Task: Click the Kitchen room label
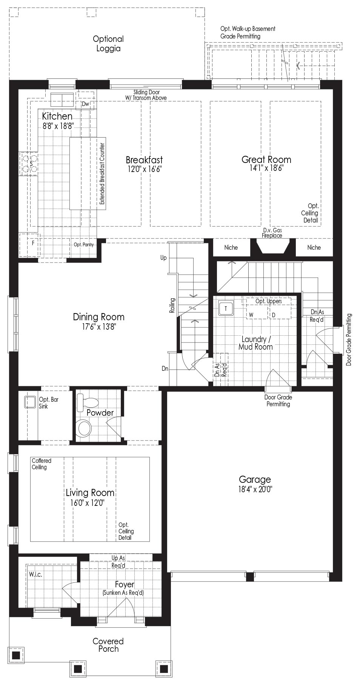tap(57, 116)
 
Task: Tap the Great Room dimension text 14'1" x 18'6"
tap(266, 168)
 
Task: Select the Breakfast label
tap(145, 160)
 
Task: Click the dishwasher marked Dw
tap(85, 104)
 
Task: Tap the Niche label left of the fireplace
tap(231, 247)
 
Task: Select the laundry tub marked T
tap(226, 309)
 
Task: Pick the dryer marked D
tap(274, 315)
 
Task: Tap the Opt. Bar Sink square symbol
tap(30, 401)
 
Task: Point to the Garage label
tap(255, 479)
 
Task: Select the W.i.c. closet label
tap(35, 574)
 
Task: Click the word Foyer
tap(125, 585)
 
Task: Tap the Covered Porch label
tap(108, 645)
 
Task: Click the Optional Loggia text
tap(108, 44)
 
